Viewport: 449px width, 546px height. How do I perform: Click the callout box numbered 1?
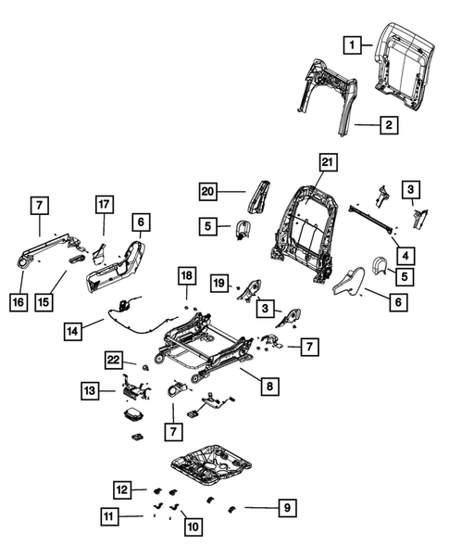tap(353, 43)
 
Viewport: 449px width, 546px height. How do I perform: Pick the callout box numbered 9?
tap(286, 507)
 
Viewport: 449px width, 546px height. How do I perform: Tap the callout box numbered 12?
tap(124, 489)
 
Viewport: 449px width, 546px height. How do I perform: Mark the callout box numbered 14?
tap(75, 329)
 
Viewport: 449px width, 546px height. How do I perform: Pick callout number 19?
tap(218, 281)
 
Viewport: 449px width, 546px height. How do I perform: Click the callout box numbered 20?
tap(212, 192)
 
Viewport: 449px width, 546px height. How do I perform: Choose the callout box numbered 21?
tap(325, 163)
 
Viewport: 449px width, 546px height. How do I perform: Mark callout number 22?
tap(113, 360)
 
